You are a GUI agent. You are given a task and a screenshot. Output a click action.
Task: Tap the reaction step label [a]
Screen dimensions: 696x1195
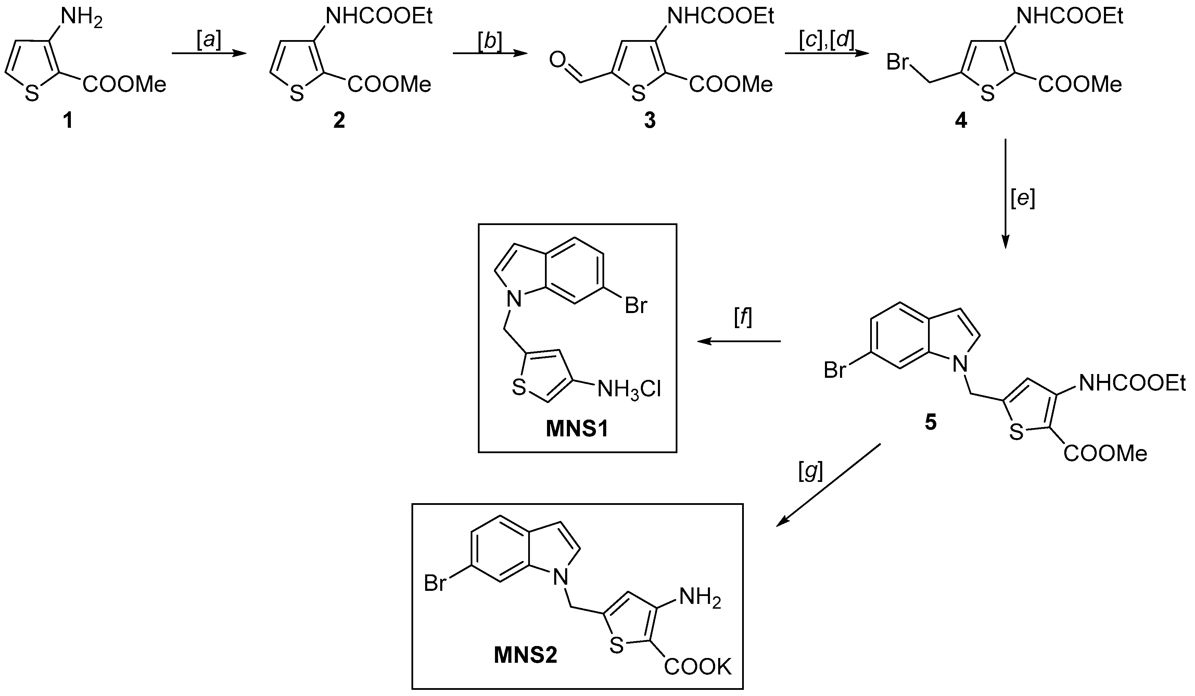coord(209,42)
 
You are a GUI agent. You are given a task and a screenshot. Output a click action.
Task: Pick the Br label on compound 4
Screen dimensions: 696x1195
coord(897,62)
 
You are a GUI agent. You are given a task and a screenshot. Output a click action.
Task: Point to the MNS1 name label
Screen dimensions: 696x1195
coord(577,430)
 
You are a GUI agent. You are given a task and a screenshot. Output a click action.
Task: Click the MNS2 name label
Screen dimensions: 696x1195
coord(525,656)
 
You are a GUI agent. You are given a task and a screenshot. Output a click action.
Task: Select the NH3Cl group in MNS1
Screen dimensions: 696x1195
coord(629,390)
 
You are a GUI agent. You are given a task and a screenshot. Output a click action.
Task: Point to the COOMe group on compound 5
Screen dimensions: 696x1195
coord(1105,453)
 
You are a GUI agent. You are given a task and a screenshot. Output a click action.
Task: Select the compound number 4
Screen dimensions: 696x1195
coord(960,121)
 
